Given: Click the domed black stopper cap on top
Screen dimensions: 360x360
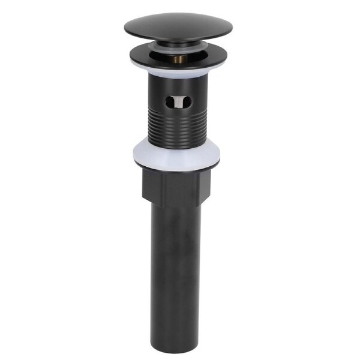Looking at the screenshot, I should pyautogui.click(x=179, y=27).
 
